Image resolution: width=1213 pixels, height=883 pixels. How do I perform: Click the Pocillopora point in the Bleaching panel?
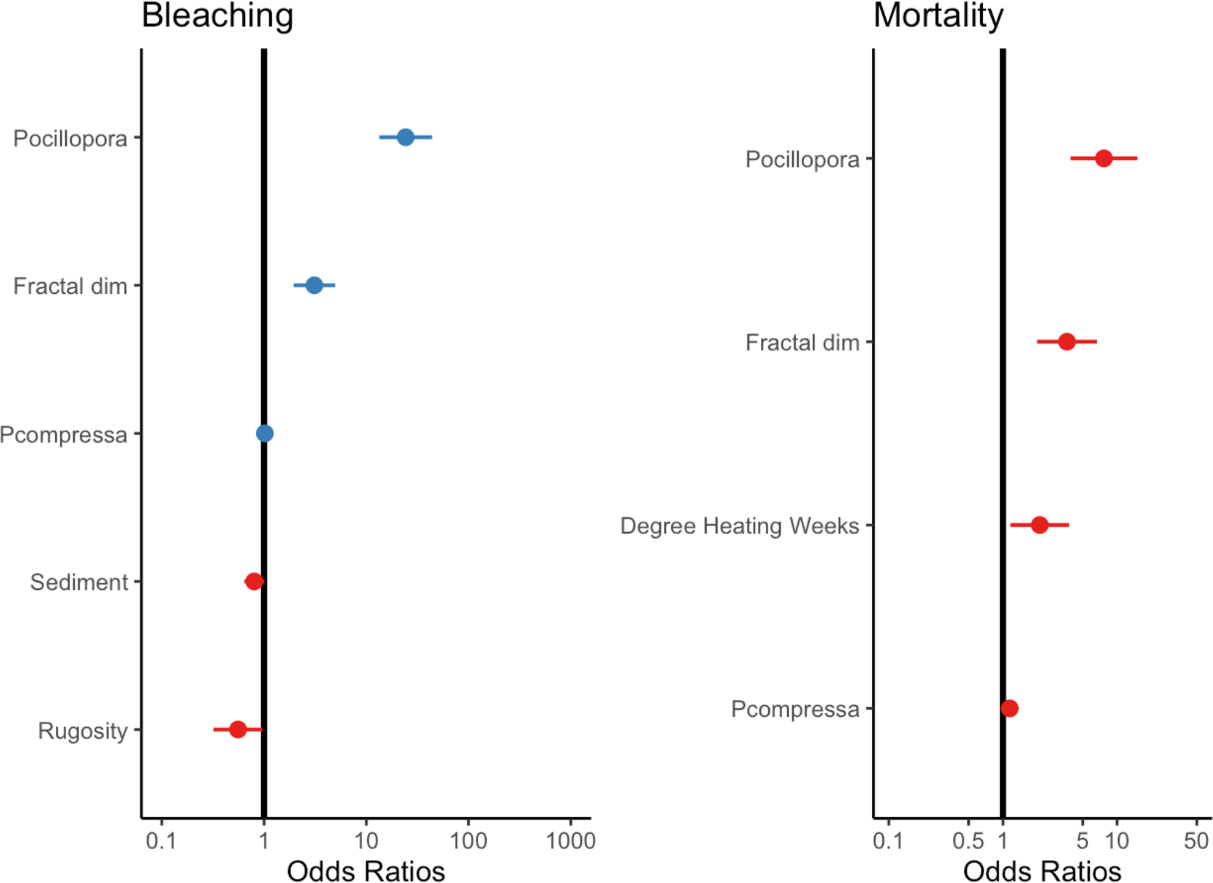coord(406,137)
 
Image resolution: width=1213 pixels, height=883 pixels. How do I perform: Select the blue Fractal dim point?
coord(314,285)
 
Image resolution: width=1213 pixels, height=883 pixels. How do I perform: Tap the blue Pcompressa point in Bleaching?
coord(265,433)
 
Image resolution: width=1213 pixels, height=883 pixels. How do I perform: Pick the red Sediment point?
coord(254,581)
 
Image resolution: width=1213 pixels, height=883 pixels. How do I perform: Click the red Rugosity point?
coord(238,729)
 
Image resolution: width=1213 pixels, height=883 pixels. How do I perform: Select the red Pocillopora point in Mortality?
coord(1103,158)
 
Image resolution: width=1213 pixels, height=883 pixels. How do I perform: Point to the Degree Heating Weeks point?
coord(1040,525)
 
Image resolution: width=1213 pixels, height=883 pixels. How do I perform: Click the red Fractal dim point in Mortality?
coord(1066,342)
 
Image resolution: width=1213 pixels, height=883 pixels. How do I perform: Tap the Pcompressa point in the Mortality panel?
coord(1010,708)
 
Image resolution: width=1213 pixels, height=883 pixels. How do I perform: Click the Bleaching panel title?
coord(217,16)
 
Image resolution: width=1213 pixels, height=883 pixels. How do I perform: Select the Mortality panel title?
coord(938,16)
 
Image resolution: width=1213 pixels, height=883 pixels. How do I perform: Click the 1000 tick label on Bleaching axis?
coord(570,841)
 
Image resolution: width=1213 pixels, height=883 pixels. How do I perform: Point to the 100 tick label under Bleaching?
coord(468,841)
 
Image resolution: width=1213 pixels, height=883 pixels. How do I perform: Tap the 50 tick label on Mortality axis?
coord(1196,841)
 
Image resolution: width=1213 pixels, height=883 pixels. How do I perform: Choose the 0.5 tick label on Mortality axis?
coord(969,841)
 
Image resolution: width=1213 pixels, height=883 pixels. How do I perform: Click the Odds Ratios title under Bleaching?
coord(366,871)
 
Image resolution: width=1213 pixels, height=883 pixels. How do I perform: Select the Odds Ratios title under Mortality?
coord(1042,871)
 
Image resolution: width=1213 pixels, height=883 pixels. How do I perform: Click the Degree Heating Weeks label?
coord(739,525)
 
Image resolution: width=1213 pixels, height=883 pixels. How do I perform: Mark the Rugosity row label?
coord(82,731)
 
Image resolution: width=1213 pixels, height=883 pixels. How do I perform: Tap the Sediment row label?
coord(78,582)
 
